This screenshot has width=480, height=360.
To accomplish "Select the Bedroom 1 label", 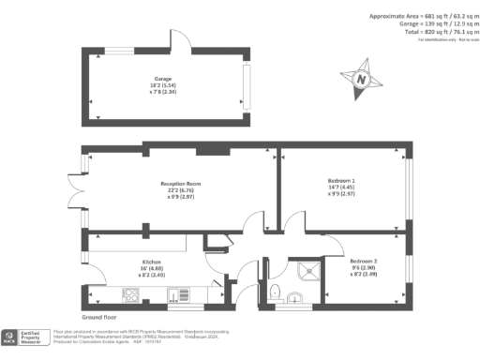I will pos(340,178).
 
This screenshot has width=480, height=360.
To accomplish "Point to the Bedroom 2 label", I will pos(363,260).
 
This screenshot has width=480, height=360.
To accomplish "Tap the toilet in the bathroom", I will pos(273,292).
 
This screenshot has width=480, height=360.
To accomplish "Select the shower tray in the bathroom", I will pos(306,271).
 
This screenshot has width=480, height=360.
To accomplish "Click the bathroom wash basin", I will pos(297,301).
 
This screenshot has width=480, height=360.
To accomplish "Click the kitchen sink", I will pos(175,298).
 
